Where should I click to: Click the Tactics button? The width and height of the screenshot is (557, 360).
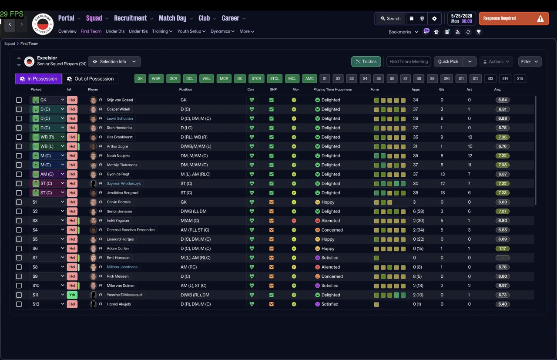366,62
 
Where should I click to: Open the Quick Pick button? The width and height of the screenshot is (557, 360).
448,62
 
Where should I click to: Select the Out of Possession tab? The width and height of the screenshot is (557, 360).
90,79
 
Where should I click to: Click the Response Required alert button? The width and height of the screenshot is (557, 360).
513,19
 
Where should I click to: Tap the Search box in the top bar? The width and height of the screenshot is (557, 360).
391,19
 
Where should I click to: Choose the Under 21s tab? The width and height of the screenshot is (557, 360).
115,31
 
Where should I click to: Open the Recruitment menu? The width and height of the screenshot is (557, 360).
131,18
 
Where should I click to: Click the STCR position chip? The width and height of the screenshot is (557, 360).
256,79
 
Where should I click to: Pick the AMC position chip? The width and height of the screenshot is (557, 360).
309,79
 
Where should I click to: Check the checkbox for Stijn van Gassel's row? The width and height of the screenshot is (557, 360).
19,100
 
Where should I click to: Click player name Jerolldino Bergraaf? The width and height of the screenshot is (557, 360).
123,193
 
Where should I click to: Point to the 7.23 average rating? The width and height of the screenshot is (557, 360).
502,193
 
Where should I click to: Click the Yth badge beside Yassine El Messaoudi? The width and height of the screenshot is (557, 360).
72,295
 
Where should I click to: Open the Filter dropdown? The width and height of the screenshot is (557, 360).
530,62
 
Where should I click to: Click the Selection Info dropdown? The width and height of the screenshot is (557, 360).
114,62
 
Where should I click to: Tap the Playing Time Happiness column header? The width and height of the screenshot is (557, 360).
332,90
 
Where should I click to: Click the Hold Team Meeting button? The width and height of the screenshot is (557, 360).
409,62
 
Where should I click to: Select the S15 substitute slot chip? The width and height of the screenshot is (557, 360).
520,79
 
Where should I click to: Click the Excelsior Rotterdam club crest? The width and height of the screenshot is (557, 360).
43,24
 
